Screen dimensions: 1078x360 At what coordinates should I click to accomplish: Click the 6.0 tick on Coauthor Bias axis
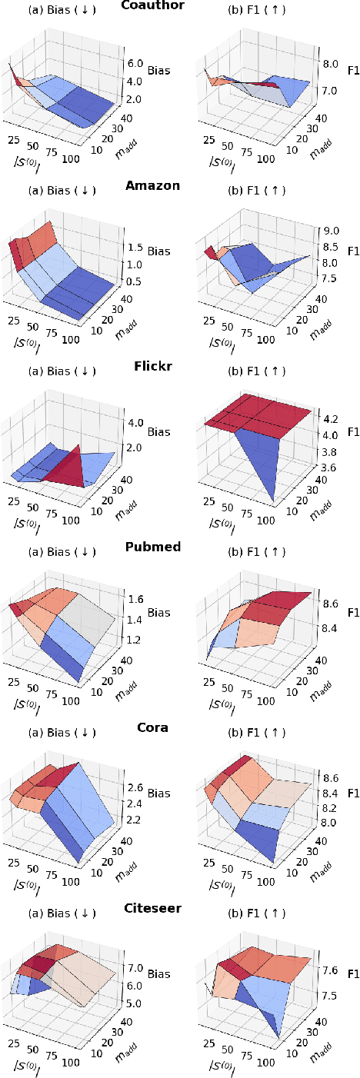[135, 64]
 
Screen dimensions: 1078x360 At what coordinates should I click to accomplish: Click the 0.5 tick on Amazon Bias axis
[135, 281]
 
